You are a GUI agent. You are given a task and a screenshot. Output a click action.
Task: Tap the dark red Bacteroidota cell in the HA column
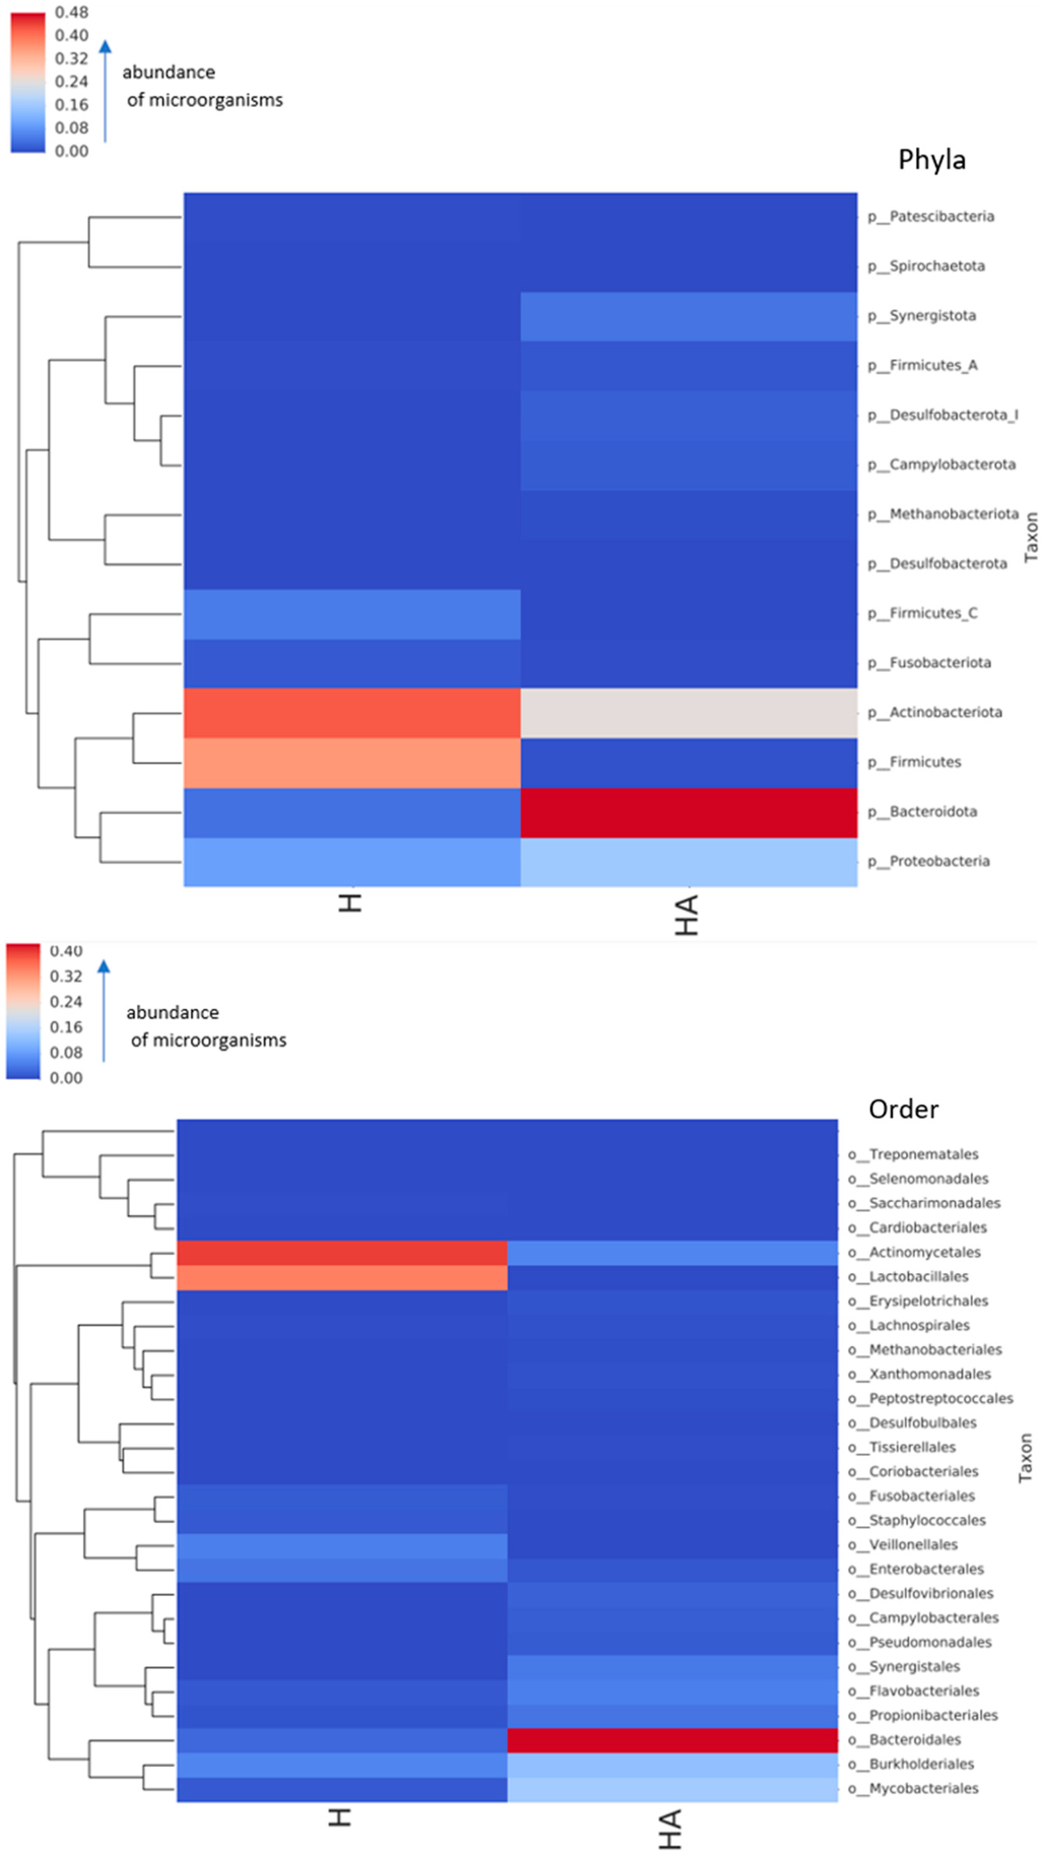[x=689, y=812]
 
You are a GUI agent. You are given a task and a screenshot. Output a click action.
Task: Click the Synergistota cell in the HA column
[x=689, y=316]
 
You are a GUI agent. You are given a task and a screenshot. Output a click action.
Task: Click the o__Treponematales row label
[x=913, y=1154]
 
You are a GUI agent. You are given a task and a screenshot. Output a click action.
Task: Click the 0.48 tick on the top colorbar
[x=71, y=12]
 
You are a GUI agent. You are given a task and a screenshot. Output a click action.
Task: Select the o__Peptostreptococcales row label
[x=930, y=1399]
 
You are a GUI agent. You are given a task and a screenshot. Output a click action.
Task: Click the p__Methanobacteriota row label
[x=943, y=514]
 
